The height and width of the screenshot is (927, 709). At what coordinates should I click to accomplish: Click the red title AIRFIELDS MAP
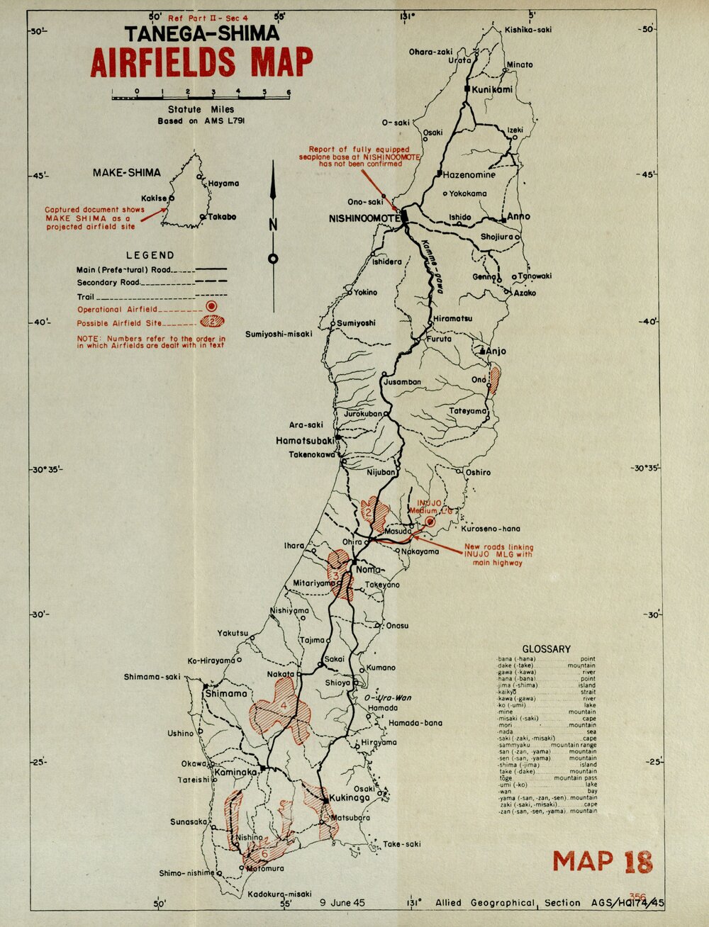point(201,62)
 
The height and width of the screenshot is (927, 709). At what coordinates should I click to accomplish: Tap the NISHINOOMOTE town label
point(364,219)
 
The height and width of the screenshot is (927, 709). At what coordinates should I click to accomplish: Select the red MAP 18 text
point(602,861)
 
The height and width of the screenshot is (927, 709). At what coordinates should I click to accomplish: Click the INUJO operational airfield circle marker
point(430,522)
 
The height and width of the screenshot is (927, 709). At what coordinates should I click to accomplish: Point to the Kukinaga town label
point(350,798)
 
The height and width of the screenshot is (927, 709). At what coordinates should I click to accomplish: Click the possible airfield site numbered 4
point(283,707)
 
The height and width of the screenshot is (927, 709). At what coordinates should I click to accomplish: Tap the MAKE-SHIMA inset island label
point(127,172)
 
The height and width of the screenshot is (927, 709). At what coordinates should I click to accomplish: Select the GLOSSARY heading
point(546,648)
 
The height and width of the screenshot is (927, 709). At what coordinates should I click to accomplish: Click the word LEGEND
point(150,255)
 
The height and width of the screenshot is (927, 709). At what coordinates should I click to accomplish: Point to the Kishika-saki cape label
point(528,30)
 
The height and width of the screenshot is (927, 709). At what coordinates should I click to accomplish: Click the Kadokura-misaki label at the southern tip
point(279,894)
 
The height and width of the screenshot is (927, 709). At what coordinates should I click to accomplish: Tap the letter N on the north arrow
point(273,226)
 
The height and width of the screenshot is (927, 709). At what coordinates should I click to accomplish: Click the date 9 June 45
point(342,903)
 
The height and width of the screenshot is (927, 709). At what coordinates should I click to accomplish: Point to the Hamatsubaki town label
point(305,440)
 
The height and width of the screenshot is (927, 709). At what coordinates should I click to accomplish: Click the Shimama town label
point(226,694)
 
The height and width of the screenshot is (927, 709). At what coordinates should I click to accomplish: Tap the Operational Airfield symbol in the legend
point(211,306)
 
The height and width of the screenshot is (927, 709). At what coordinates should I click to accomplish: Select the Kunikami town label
point(492,89)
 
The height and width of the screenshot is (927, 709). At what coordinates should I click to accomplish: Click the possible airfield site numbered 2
point(374,510)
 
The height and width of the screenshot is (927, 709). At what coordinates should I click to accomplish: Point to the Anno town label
point(518,217)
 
